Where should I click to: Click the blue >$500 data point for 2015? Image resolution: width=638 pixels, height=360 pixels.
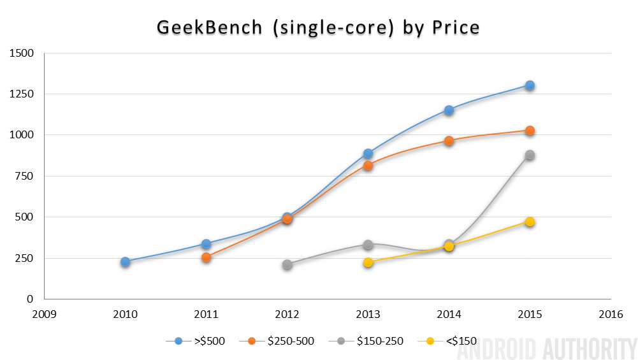click(530, 85)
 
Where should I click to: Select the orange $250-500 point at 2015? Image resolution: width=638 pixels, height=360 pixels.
click(530, 131)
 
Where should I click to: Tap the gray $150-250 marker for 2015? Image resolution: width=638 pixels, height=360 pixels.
click(530, 155)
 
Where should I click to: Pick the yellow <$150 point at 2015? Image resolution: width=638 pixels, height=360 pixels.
click(530, 222)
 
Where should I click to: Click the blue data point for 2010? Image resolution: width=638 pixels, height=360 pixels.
click(126, 262)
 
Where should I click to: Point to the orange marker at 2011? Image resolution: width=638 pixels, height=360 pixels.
click(207, 257)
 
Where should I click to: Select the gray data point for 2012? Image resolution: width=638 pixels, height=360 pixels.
click(287, 264)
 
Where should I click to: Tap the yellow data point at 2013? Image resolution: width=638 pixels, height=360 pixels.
click(368, 263)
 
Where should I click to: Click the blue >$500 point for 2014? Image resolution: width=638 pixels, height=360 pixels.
click(449, 110)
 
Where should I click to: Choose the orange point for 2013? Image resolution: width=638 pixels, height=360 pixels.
click(368, 166)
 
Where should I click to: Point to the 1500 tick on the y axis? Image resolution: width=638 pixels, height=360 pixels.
click(22, 53)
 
